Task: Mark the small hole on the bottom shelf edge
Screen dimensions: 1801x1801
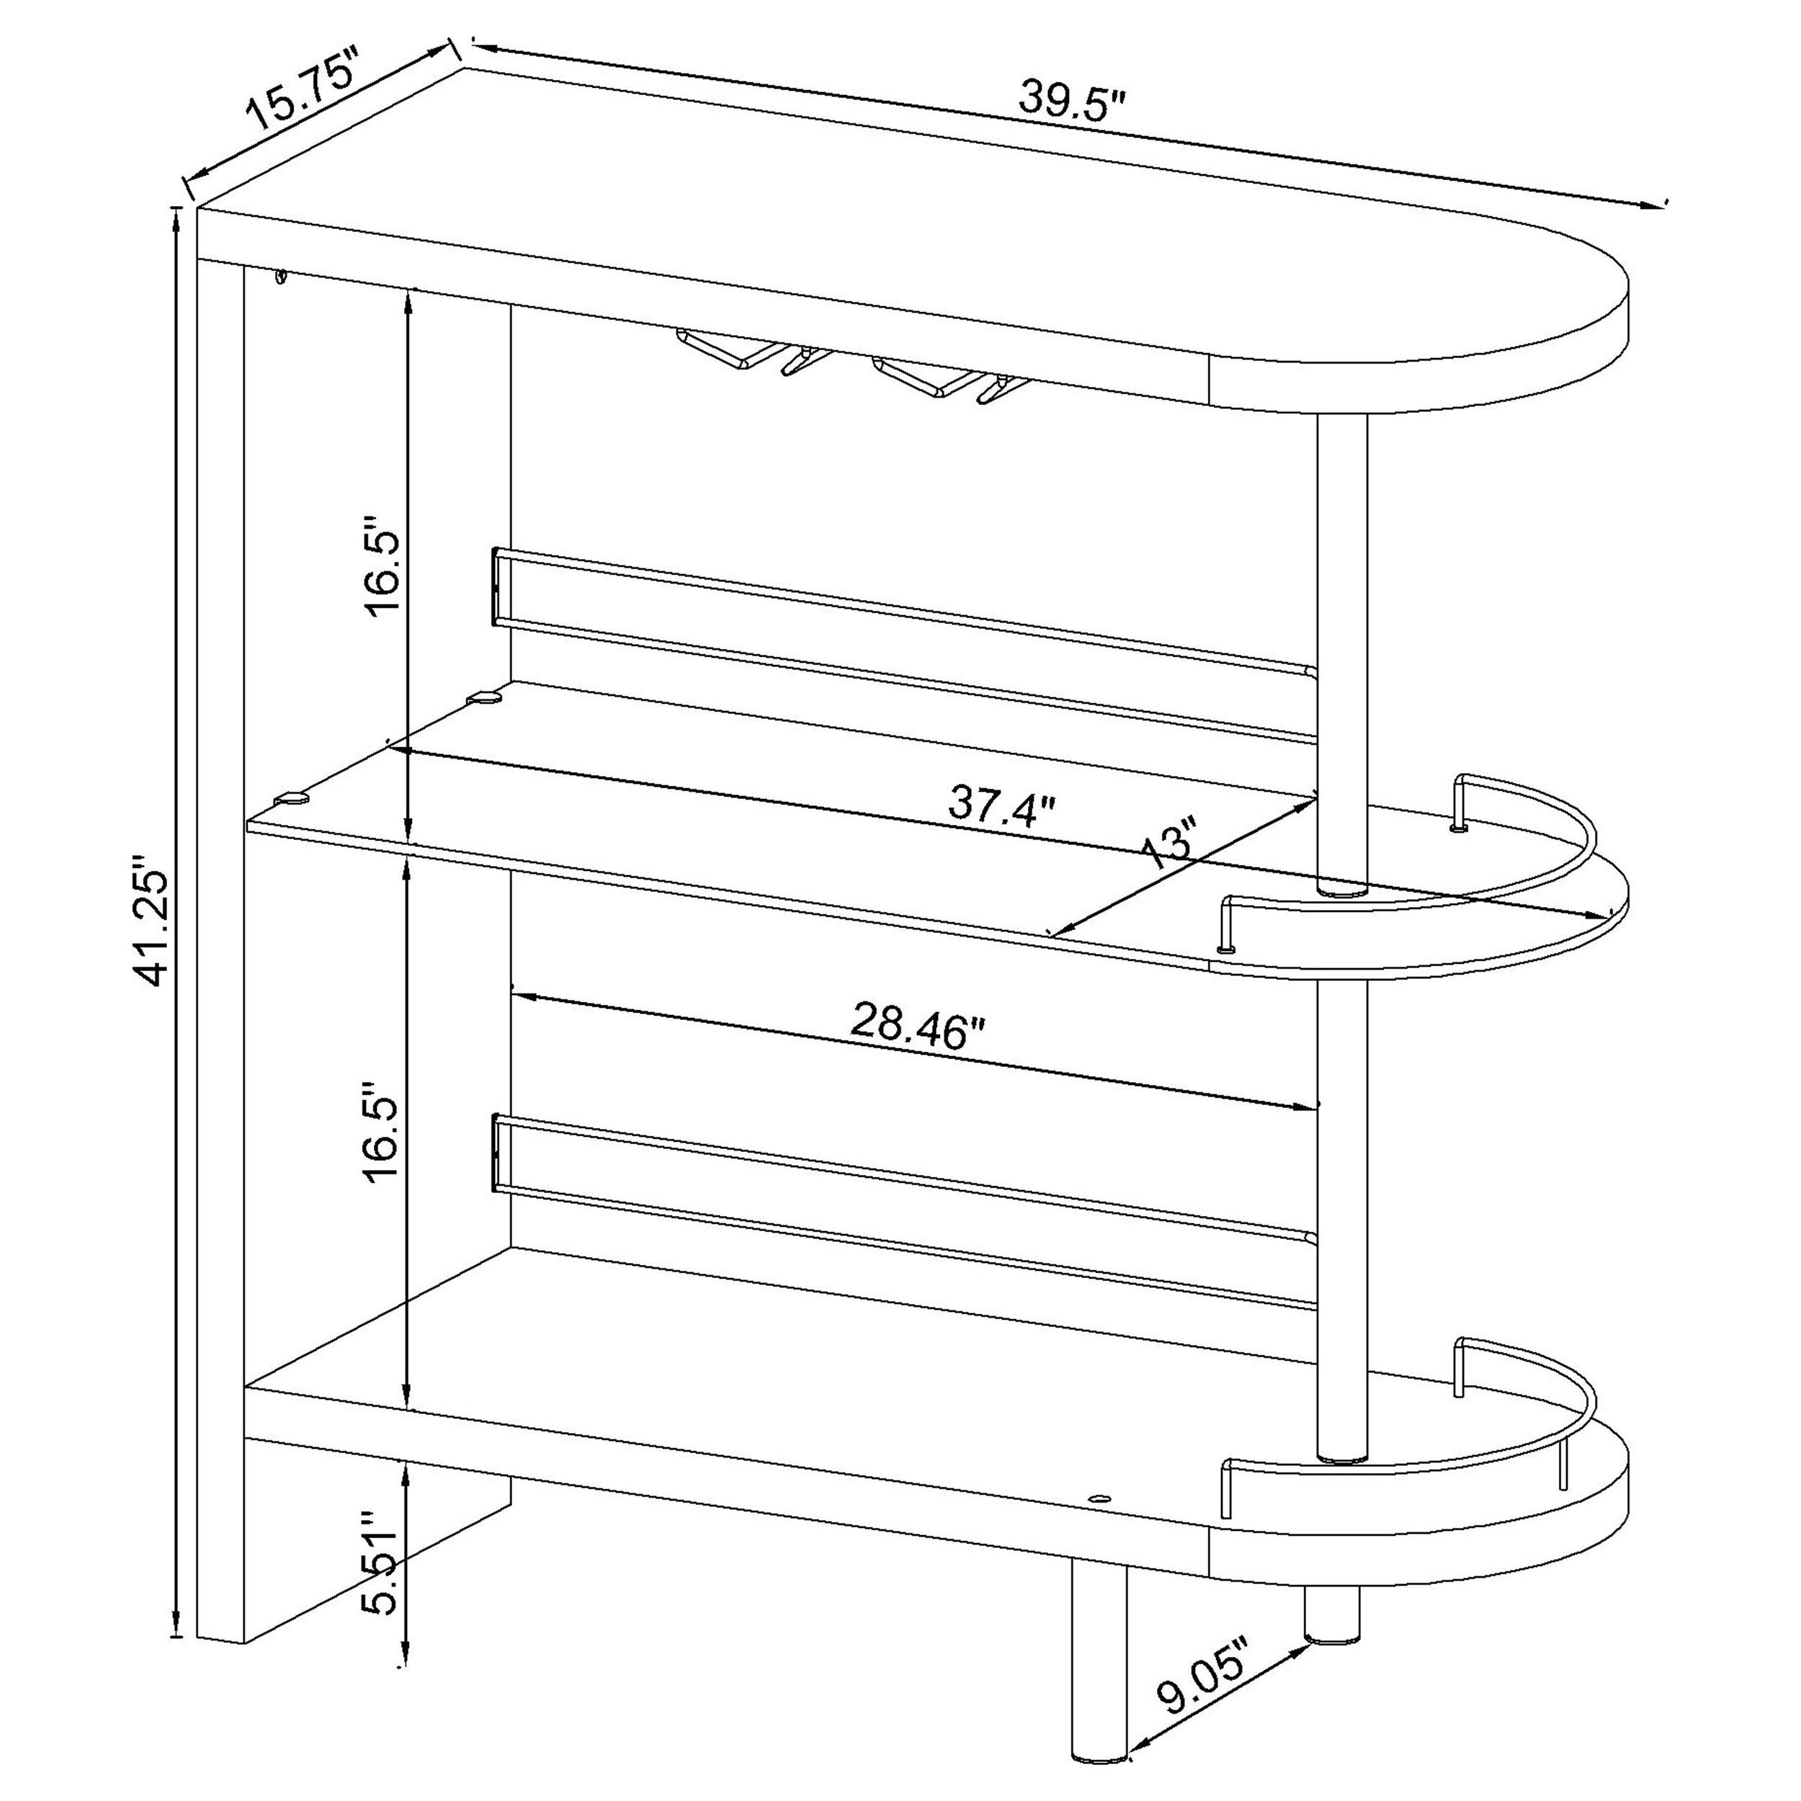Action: [1101, 1525]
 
